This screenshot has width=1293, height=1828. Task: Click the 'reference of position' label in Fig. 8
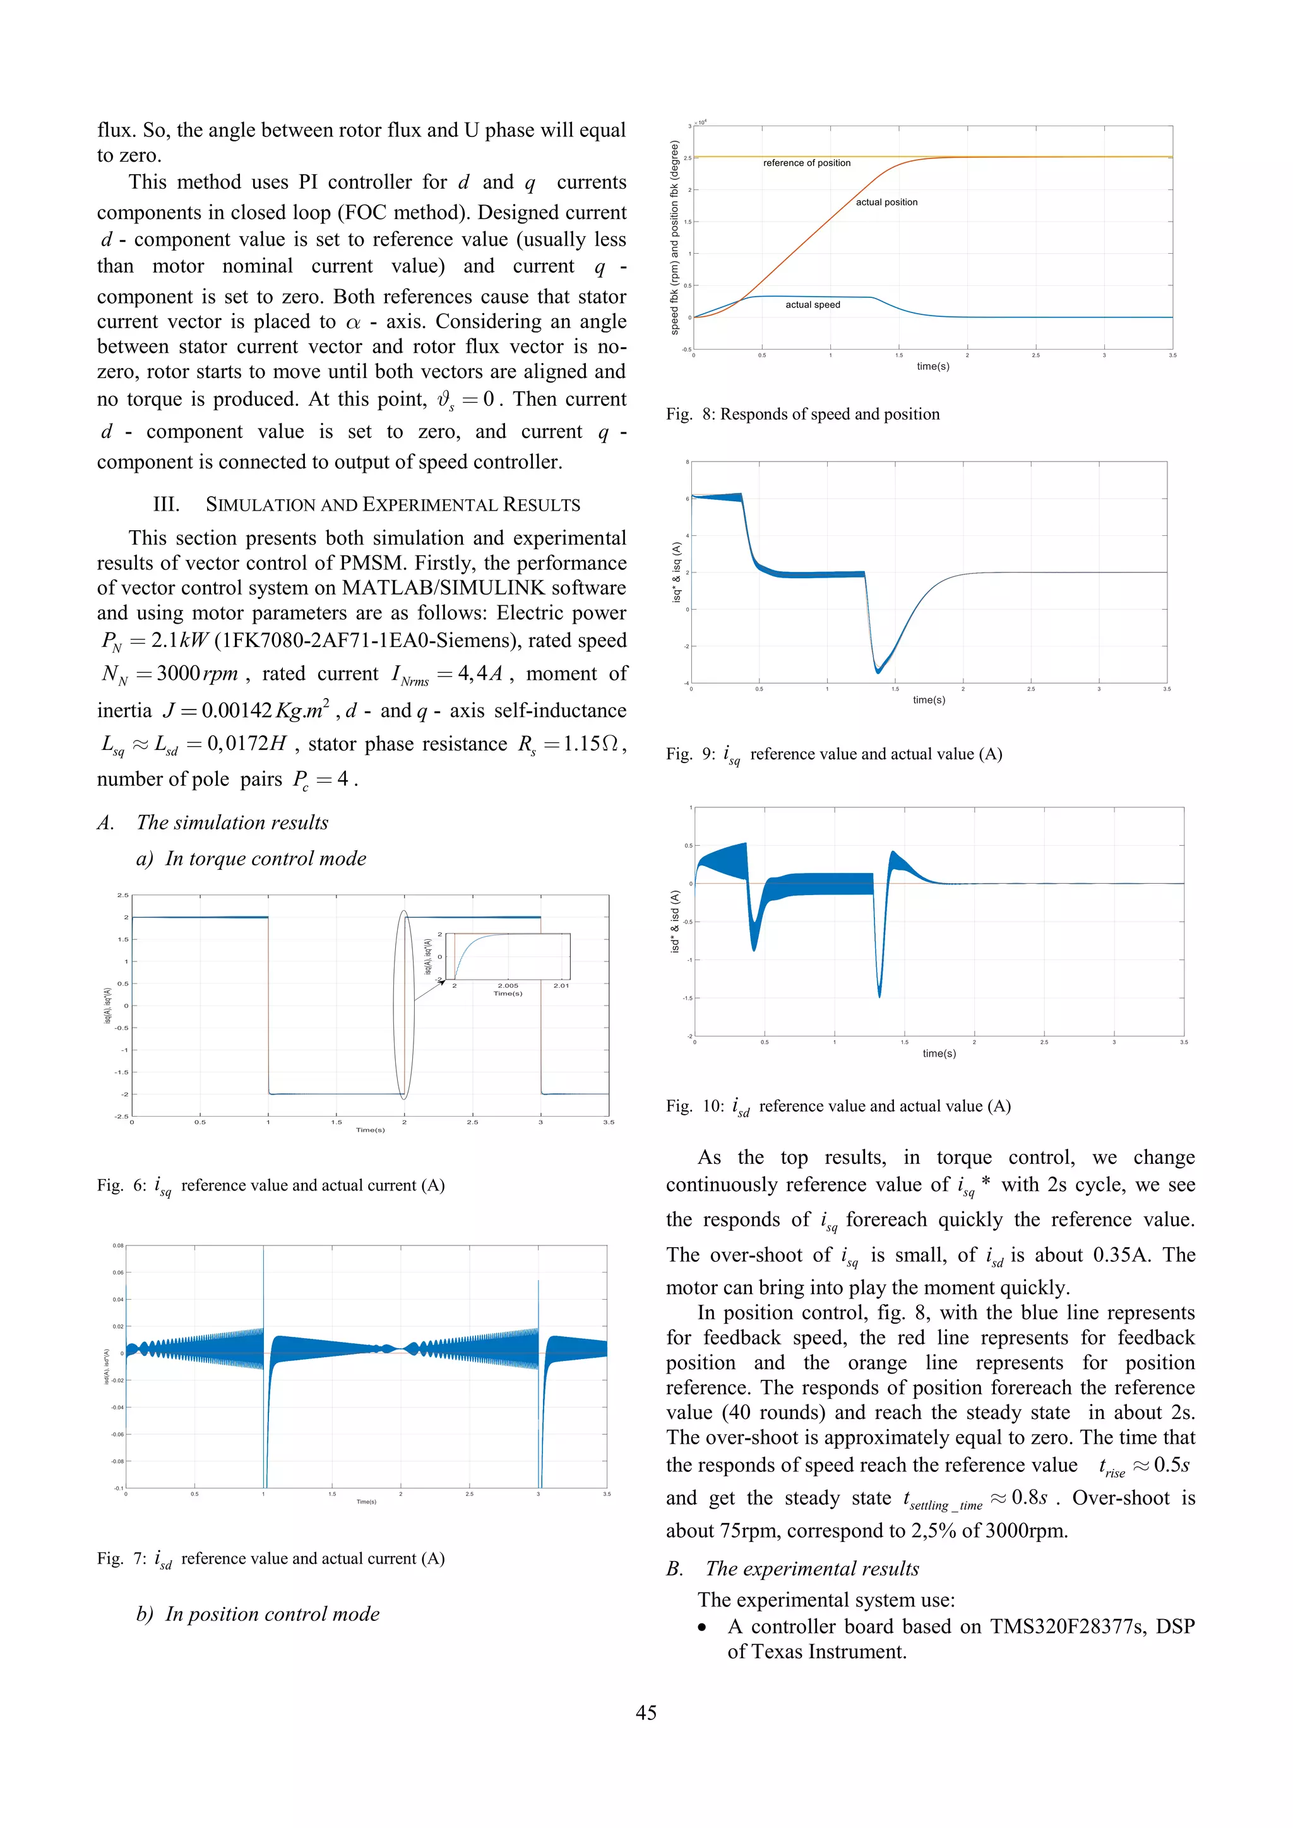pyautogui.click(x=806, y=163)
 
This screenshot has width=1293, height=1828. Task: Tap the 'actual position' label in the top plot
pyautogui.click(x=886, y=202)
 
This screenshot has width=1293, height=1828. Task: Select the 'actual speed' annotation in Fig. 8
pyautogui.click(x=812, y=305)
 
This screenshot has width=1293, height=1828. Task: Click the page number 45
pyautogui.click(x=646, y=1712)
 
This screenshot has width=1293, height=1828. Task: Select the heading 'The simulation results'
pyautogui.click(x=232, y=822)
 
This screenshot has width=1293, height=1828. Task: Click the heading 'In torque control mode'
pyautogui.click(x=265, y=858)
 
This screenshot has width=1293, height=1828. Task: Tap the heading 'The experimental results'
pyautogui.click(x=811, y=1569)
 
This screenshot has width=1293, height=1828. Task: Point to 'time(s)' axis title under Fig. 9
pyautogui.click(x=928, y=700)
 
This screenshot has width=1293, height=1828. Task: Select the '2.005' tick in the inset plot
pyautogui.click(x=508, y=986)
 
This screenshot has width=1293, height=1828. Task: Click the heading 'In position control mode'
pyautogui.click(x=271, y=1614)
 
